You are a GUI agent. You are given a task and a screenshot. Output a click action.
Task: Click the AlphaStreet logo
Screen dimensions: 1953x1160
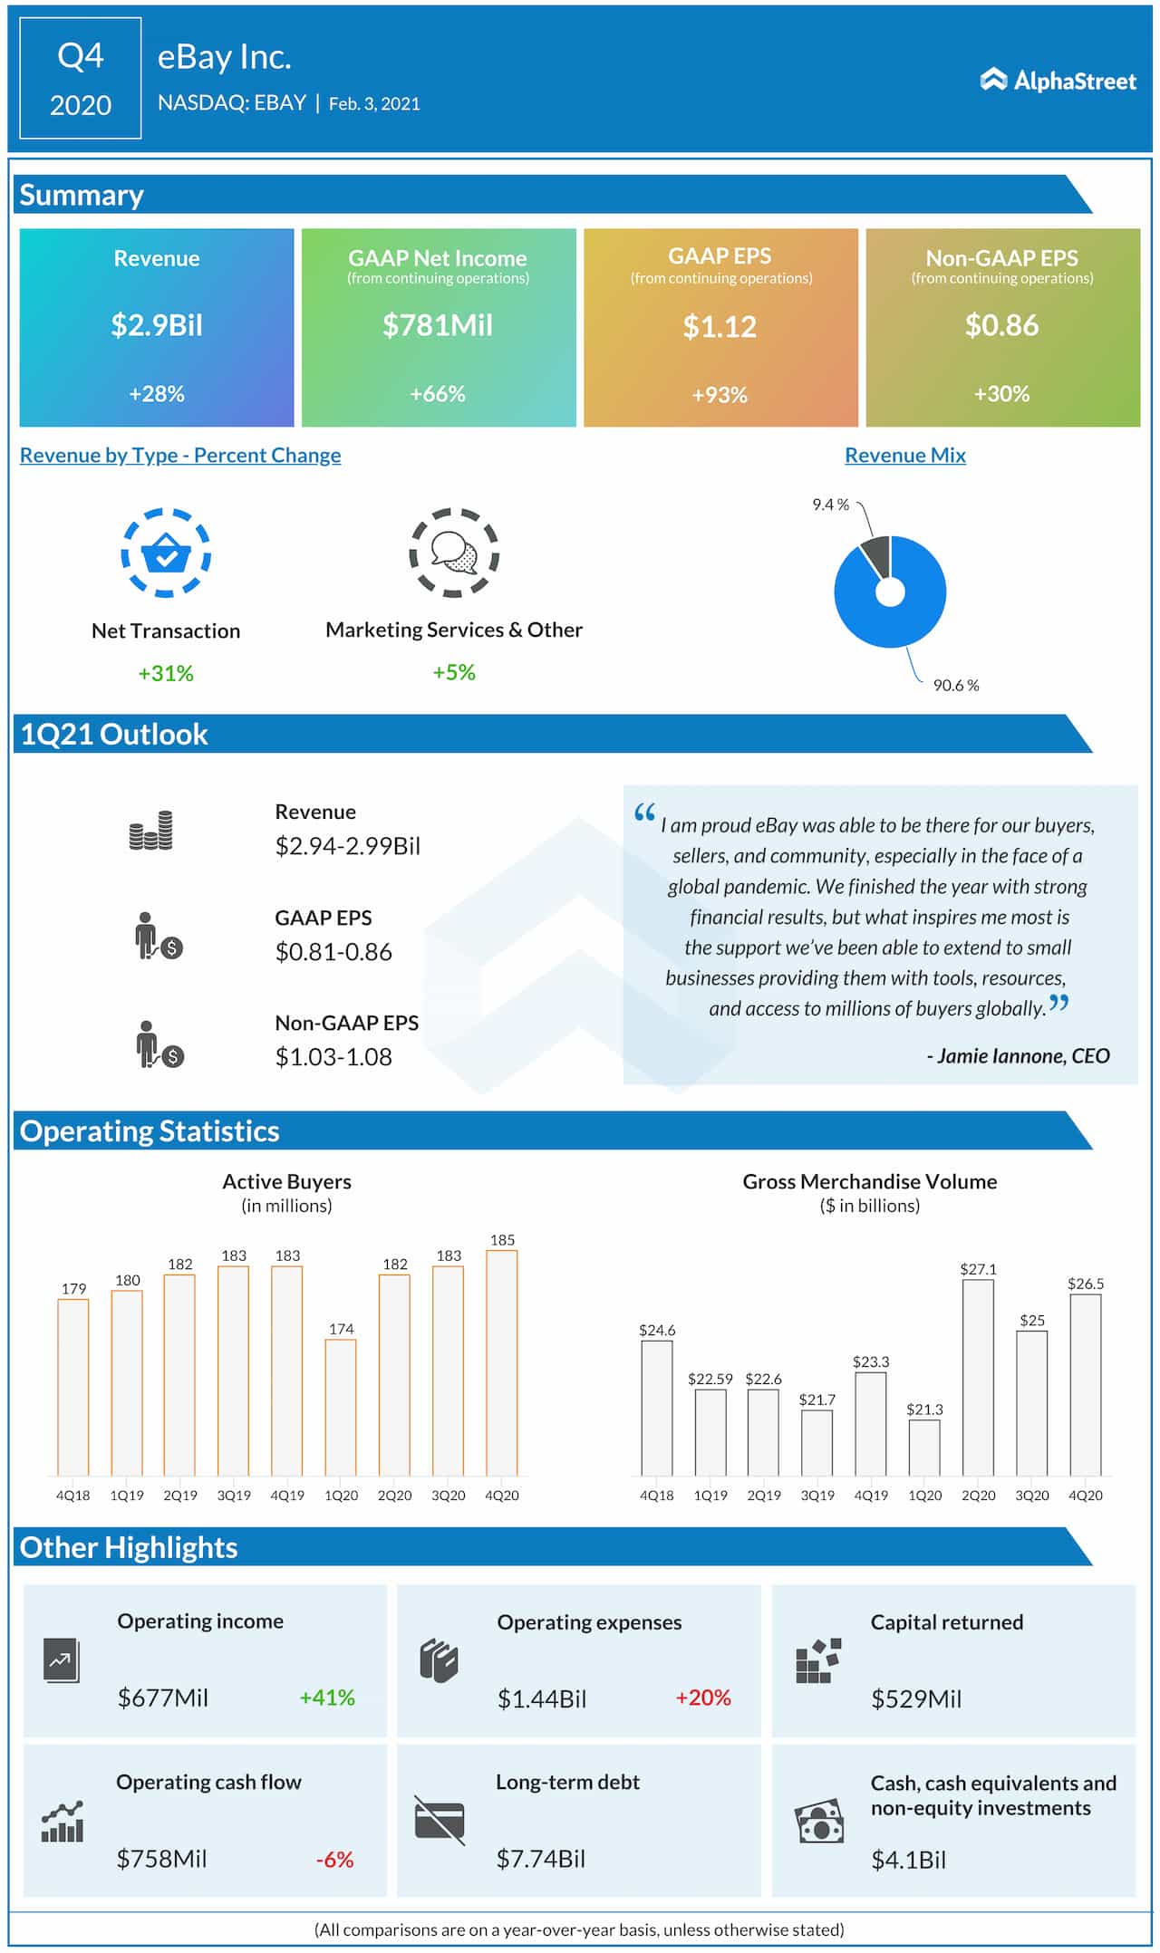coord(1058,81)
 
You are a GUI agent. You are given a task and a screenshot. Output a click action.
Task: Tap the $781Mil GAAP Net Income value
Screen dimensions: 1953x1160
coord(438,325)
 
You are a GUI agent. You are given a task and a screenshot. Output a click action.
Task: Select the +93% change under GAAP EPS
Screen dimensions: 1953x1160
coord(720,395)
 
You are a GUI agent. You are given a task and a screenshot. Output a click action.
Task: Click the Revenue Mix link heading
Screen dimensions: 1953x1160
coord(904,455)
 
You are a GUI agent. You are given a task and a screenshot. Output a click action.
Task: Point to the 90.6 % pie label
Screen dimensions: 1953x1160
coord(956,685)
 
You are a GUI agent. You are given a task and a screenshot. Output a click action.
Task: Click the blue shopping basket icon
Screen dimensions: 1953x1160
coord(166,553)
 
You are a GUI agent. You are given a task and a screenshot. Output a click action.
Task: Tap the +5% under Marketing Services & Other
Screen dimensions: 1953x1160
coord(453,672)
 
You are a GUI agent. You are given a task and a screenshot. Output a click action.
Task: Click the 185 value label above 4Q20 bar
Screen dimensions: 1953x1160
coord(502,1239)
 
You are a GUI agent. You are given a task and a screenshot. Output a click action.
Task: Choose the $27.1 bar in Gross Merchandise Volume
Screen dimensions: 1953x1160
coord(978,1377)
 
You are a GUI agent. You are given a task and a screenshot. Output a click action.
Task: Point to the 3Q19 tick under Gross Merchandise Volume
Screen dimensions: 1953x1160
coord(817,1495)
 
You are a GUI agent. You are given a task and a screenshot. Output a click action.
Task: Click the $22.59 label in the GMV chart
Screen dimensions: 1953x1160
coord(710,1379)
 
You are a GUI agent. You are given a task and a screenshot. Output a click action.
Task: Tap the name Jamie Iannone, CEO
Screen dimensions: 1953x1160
coord(1018,1055)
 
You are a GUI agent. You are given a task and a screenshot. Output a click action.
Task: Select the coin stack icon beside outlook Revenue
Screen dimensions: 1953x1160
coord(150,831)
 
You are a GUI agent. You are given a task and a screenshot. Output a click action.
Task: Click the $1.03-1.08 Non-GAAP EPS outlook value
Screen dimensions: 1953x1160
coord(333,1057)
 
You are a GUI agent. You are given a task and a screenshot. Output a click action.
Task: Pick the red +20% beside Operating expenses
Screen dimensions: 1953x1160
coord(703,1697)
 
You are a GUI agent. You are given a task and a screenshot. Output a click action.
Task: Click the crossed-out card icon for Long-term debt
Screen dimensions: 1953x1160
coord(440,1819)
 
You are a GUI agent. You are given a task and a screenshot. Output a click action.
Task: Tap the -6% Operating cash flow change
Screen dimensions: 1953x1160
coord(334,1859)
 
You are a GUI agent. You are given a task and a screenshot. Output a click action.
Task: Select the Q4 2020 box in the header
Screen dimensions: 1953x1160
coord(81,79)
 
